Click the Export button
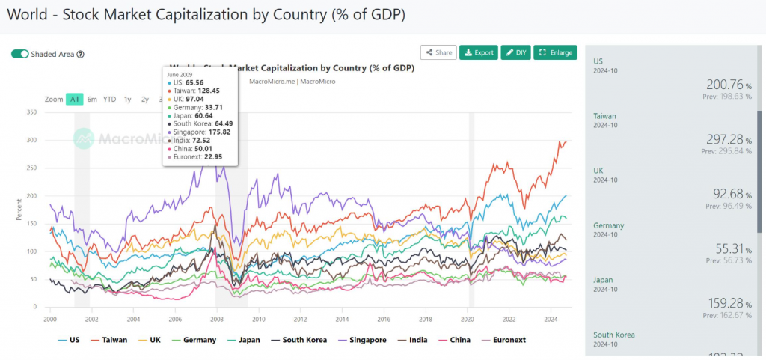(x=479, y=52)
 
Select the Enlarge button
(x=556, y=52)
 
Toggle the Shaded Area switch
(x=20, y=54)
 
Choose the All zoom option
(x=74, y=99)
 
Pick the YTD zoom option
(x=110, y=99)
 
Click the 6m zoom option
(x=92, y=99)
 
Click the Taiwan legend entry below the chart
(x=109, y=340)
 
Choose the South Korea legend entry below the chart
(x=298, y=340)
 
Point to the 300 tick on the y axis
(x=31, y=140)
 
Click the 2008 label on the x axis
(x=216, y=318)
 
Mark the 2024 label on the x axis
(x=550, y=318)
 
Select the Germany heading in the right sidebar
(x=609, y=225)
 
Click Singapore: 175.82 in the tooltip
(x=201, y=132)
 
